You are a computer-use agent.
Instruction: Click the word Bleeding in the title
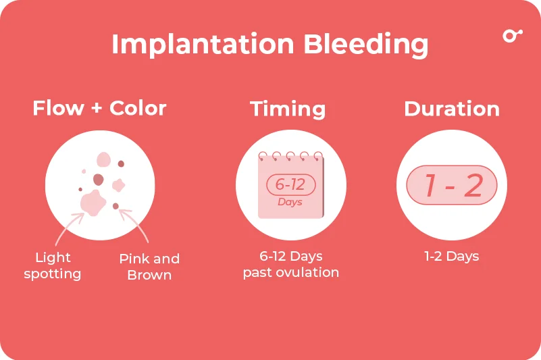(x=365, y=45)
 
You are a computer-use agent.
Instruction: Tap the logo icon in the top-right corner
(x=512, y=35)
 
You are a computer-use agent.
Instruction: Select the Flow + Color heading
(x=99, y=108)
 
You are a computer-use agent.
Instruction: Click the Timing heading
(x=288, y=109)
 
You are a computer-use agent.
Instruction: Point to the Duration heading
(x=452, y=109)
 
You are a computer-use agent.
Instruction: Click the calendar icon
(x=291, y=185)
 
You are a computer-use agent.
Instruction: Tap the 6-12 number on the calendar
(x=291, y=184)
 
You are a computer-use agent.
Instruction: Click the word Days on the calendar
(x=290, y=202)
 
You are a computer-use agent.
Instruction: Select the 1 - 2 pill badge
(x=451, y=185)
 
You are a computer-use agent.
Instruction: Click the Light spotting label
(x=53, y=265)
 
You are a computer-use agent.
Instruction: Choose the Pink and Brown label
(x=149, y=267)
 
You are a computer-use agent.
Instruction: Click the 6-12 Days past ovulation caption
(x=291, y=265)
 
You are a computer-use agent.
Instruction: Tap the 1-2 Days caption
(x=451, y=257)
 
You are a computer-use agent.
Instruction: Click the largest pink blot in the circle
(x=92, y=201)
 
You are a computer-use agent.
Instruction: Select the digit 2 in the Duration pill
(x=473, y=185)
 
